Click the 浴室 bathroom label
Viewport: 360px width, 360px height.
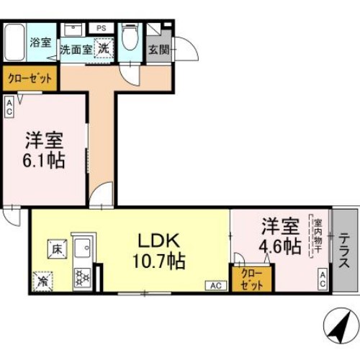40,43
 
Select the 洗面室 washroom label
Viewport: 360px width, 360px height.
74,51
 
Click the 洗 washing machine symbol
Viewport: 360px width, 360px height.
104,50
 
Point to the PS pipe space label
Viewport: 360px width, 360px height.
100,29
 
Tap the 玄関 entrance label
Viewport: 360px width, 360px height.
158,51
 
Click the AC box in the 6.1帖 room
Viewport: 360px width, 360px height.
9,108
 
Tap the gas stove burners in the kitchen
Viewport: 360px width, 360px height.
81,276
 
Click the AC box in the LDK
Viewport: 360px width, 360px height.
215,285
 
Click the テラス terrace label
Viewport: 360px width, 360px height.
346,251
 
